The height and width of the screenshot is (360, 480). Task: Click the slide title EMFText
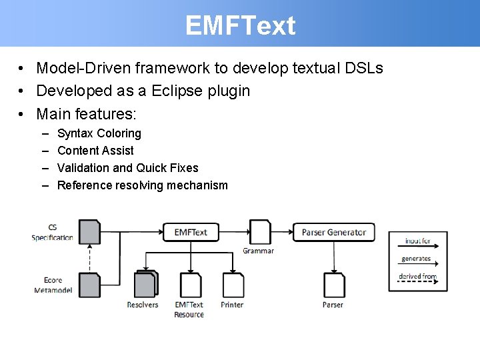tap(240, 26)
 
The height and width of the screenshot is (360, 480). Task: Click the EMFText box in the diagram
tap(191, 232)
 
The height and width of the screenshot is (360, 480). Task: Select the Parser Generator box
tap(333, 232)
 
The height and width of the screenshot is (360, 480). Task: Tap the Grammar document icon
tap(259, 232)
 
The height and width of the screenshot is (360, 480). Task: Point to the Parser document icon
tap(334, 285)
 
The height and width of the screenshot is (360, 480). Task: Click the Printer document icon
tap(233, 285)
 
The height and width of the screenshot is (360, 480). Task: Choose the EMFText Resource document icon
tap(191, 285)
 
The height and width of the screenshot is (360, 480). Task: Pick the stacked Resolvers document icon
tap(145, 284)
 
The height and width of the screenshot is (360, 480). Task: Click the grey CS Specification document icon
tap(89, 231)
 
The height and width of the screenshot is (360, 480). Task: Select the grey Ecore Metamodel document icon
tap(89, 285)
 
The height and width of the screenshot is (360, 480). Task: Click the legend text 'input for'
tap(418, 241)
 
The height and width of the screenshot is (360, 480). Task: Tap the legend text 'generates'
tap(417, 259)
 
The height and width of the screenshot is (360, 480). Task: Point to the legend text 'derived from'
tap(418, 276)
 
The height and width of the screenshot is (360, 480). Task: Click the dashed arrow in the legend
tap(418, 283)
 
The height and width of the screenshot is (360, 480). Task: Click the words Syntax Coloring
tap(99, 133)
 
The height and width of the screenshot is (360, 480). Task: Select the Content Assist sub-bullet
tap(95, 151)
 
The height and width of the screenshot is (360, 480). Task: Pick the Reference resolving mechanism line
tap(143, 185)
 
